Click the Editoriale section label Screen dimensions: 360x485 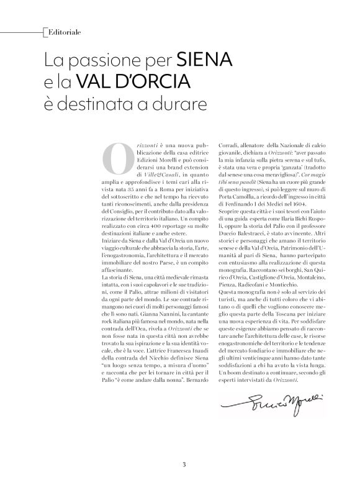[x=64, y=30]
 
